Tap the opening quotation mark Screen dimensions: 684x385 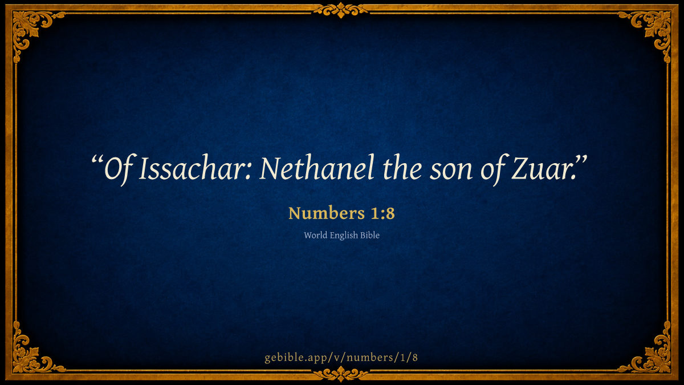(97, 160)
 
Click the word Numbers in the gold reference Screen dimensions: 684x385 (327, 213)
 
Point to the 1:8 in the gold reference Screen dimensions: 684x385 (383, 213)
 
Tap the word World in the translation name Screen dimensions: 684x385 (315, 235)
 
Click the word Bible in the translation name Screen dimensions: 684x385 (370, 235)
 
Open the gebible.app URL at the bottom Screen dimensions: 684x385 (341, 357)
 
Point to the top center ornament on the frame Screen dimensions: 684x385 (341, 10)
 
